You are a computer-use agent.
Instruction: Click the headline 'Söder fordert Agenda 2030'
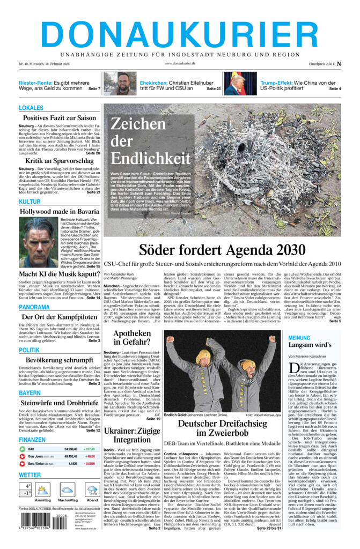pos(222,250)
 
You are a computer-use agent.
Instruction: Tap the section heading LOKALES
pos(31,108)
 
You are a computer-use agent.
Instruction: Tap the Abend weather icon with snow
pos(92,491)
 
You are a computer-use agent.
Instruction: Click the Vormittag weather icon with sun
pos(43,491)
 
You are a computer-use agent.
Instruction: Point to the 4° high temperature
pos(25,486)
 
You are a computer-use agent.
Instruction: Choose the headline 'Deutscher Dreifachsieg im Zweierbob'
pos(222,428)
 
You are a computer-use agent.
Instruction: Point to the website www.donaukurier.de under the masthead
pos(180,63)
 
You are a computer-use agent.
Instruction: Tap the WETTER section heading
pos(30,475)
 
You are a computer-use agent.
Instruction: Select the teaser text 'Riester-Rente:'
pos(35,83)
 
